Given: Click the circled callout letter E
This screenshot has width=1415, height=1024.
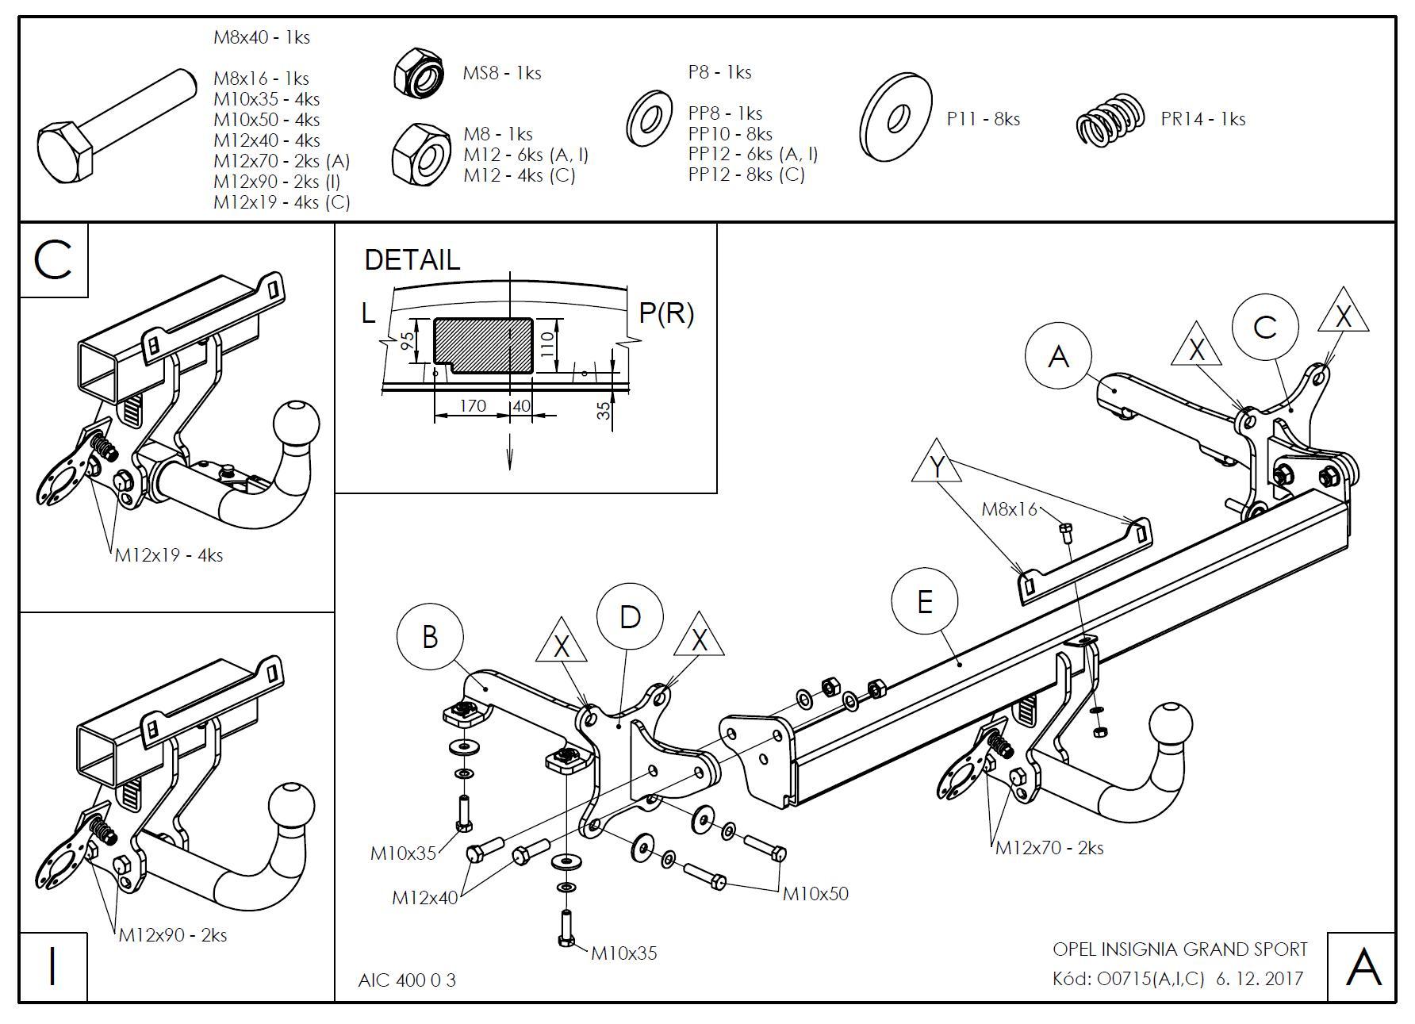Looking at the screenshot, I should pos(924,602).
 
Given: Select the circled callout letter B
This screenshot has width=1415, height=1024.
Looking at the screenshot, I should pos(430,636).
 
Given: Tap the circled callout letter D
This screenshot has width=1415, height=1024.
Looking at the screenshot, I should pos(630,617).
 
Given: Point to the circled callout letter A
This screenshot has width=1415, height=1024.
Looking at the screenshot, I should pos(1058,357).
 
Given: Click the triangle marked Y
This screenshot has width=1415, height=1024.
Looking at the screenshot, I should pos(937,466).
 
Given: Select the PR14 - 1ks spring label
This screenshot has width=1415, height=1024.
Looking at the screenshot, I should pos(1202,119).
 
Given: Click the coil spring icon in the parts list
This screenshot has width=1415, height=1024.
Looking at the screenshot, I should pos(1110,119).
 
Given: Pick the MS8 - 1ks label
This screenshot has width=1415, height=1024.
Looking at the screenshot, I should pos(502,73).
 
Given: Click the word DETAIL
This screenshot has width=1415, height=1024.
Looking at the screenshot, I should pos(412,259).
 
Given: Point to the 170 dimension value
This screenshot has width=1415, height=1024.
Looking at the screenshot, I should pos(472,405).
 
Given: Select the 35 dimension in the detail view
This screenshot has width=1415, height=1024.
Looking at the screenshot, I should pos(604,410).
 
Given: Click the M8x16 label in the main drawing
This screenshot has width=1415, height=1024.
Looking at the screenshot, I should pos(1009,509).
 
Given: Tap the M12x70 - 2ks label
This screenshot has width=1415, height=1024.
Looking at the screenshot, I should pos(1049,848).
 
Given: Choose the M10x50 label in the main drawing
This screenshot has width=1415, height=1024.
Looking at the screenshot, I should pos(815,894).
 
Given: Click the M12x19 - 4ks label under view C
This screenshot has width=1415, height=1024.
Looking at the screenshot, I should pos(169,555).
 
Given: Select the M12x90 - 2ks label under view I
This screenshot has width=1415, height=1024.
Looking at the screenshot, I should pos(173,935).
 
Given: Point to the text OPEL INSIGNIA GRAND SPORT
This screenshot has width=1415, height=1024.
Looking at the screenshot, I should pos(1179,949).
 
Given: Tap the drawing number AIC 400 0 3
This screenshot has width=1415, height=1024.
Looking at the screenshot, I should pos(407,980).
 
